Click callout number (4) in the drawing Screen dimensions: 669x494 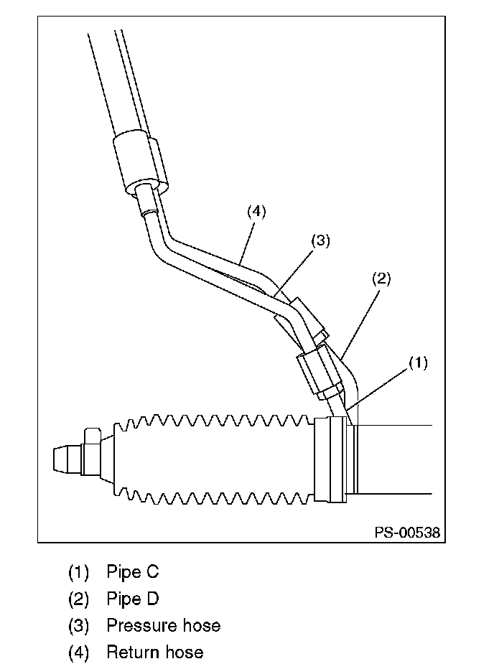tap(256, 212)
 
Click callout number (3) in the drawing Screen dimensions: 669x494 tap(320, 241)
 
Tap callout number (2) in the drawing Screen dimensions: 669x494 tap(381, 279)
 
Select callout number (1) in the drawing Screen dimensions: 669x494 tap(418, 363)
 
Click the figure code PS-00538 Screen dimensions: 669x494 tap(406, 533)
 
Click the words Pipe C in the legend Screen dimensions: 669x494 tap(133, 572)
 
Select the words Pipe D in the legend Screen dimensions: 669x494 tap(133, 599)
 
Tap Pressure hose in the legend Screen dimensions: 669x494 tap(163, 625)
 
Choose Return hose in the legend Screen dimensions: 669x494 tap(154, 652)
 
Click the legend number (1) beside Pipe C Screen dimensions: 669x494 tap(79, 572)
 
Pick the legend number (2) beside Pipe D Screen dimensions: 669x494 tap(79, 599)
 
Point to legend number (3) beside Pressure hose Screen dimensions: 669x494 tap(79, 625)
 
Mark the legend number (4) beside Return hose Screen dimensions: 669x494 tap(79, 652)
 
